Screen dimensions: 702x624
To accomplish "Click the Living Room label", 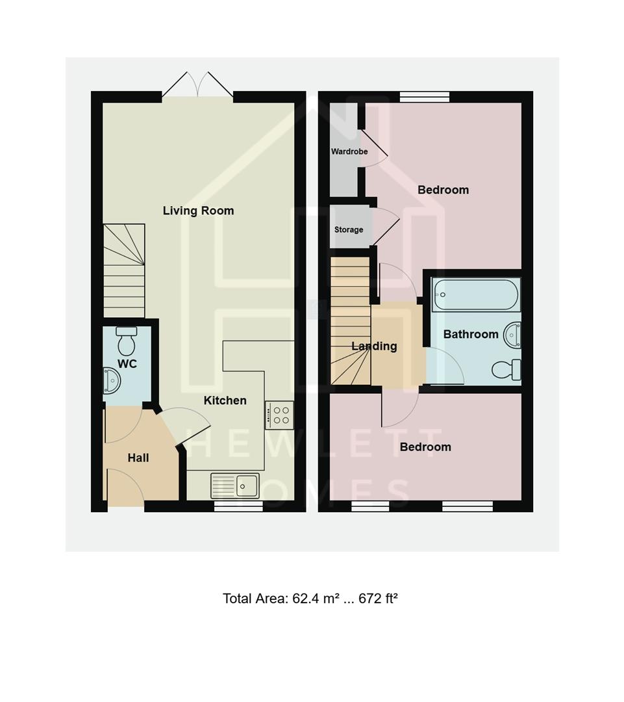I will pyautogui.click(x=198, y=211).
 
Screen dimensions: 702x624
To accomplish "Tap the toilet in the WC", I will pyautogui.click(x=127, y=340).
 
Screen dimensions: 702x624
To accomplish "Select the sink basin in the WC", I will pyautogui.click(x=111, y=380).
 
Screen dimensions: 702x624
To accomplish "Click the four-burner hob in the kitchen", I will pyautogui.click(x=279, y=415).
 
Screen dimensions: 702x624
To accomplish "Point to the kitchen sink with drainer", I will pyautogui.click(x=234, y=485).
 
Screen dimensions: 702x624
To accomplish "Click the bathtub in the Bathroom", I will pyautogui.click(x=476, y=295).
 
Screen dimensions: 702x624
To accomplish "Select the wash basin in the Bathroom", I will pyautogui.click(x=512, y=335).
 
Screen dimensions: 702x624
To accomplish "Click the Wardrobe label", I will pyautogui.click(x=349, y=151).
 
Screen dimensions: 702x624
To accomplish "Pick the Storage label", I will pyautogui.click(x=349, y=229).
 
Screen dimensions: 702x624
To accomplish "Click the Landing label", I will pyautogui.click(x=374, y=346).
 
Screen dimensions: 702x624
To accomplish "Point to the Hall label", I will pyautogui.click(x=138, y=458).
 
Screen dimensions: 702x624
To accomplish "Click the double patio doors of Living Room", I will pyautogui.click(x=197, y=86).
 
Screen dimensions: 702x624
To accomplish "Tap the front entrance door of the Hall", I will pyautogui.click(x=125, y=491).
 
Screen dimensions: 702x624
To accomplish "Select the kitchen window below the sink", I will pyautogui.click(x=238, y=506).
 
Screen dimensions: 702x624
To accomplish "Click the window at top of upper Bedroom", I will pyautogui.click(x=425, y=97).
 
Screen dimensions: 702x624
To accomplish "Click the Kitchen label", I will pyautogui.click(x=225, y=400).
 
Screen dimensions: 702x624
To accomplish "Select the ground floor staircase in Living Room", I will pyautogui.click(x=124, y=270).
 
